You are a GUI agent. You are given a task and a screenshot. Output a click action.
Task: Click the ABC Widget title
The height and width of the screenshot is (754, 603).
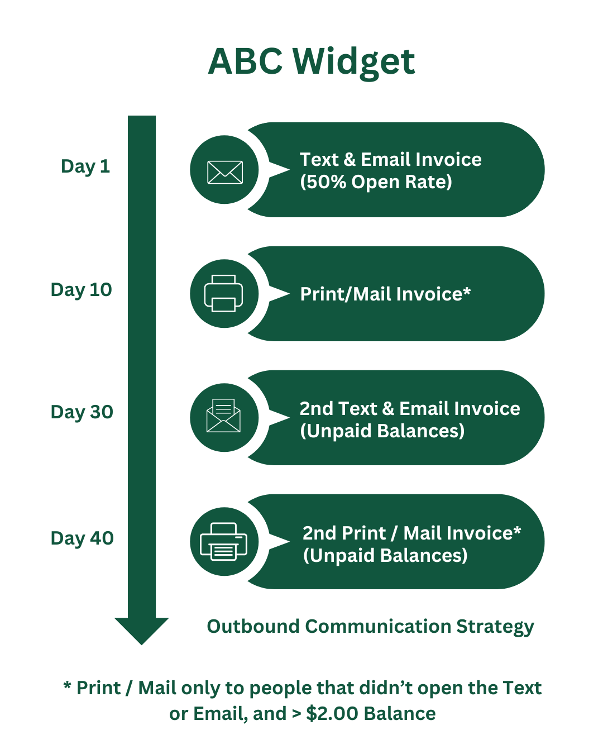(x=311, y=63)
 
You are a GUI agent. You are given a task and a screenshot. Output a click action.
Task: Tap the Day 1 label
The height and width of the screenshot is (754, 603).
(x=85, y=167)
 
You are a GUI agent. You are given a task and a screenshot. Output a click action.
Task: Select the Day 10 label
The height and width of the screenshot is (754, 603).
(x=82, y=290)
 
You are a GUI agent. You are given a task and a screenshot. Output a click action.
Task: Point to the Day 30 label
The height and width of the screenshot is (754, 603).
(x=82, y=412)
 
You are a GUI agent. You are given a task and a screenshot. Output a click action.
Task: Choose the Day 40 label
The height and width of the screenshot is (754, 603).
(x=82, y=538)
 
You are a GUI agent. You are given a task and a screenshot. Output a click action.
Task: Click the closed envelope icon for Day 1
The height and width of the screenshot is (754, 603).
(x=225, y=172)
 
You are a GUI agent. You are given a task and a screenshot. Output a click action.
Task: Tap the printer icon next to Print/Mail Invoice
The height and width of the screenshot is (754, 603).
(x=223, y=293)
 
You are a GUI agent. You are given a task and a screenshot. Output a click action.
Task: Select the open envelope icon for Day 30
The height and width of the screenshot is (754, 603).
(x=223, y=415)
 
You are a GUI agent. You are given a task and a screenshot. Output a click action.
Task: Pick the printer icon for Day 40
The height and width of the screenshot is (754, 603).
(x=223, y=541)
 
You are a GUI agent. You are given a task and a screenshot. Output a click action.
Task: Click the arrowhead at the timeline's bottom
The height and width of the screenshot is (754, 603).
(x=142, y=631)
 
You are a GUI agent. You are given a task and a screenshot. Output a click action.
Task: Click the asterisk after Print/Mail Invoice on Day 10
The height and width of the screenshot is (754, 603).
(x=467, y=290)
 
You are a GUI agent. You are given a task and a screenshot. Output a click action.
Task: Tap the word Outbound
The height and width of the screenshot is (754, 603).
(x=253, y=627)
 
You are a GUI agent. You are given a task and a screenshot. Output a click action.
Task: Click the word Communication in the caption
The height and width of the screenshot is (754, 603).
(x=378, y=627)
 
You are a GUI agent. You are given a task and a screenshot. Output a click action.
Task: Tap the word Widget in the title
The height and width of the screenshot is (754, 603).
(x=354, y=63)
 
